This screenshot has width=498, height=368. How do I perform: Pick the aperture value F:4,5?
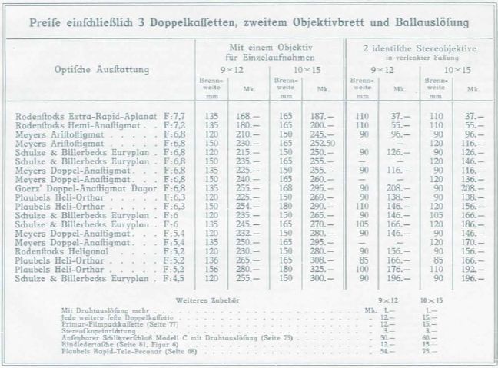point(175,277)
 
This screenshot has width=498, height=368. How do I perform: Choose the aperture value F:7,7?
point(175,116)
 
